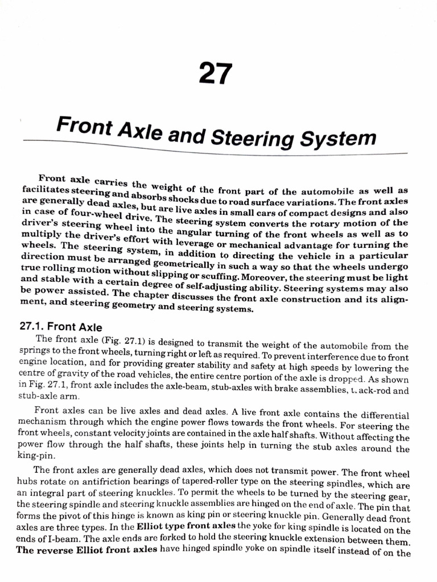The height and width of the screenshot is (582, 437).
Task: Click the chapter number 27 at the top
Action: pyautogui.click(x=216, y=74)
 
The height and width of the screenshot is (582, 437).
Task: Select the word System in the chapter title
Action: pyautogui.click(x=340, y=139)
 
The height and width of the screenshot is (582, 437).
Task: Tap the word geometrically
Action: pyautogui.click(x=182, y=265)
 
